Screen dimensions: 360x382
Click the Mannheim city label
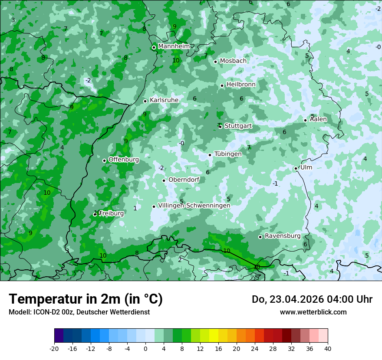[174, 46]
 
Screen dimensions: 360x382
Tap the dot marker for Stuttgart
[221, 127]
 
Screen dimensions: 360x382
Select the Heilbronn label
[241, 85]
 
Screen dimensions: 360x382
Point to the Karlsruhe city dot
[145, 101]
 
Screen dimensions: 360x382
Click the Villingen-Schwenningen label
[194, 206]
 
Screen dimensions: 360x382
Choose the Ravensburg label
[283, 236]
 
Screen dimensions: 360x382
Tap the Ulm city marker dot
[296, 168]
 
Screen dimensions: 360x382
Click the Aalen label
[319, 119]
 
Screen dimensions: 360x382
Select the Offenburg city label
[124, 160]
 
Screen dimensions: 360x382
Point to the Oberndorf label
[184, 180]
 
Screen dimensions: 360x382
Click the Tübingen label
[228, 154]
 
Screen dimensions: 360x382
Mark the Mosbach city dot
[215, 62]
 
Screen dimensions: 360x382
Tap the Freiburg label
[112, 213]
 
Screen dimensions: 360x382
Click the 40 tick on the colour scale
[327, 349]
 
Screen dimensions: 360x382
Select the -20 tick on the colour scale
[54, 349]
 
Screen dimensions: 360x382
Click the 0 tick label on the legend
[145, 349]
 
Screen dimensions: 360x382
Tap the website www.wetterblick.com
[313, 312]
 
